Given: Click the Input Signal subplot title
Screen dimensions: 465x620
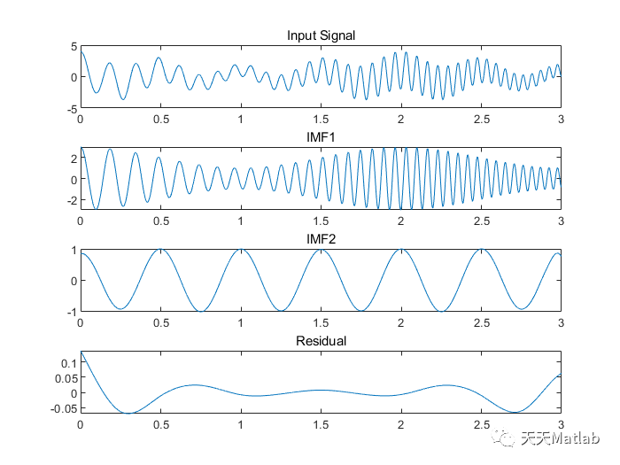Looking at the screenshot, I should coord(321,35).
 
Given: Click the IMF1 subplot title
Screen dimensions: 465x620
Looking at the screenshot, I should coord(321,138).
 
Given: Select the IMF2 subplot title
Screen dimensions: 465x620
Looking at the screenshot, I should coord(321,240).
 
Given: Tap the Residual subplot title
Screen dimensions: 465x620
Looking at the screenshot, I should coord(321,341).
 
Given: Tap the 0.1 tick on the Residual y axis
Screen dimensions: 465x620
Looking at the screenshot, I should coord(69,362).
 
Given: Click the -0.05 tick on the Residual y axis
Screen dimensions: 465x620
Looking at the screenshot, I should coord(64,407).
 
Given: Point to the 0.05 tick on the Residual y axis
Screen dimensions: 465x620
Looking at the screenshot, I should coord(66,377).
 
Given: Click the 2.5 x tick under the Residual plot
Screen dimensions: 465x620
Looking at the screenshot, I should coord(481,424).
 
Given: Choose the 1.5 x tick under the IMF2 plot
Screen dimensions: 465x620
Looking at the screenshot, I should coord(321,322).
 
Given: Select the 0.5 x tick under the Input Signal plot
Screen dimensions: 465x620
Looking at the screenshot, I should coord(160,119).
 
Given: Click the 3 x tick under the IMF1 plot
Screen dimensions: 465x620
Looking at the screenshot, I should coord(561,221).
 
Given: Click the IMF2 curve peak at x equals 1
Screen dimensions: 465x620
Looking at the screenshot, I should coord(241,251).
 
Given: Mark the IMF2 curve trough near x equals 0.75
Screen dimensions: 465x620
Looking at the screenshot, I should coord(201,311).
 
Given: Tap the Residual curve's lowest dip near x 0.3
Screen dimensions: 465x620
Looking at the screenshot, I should coord(129,413).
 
